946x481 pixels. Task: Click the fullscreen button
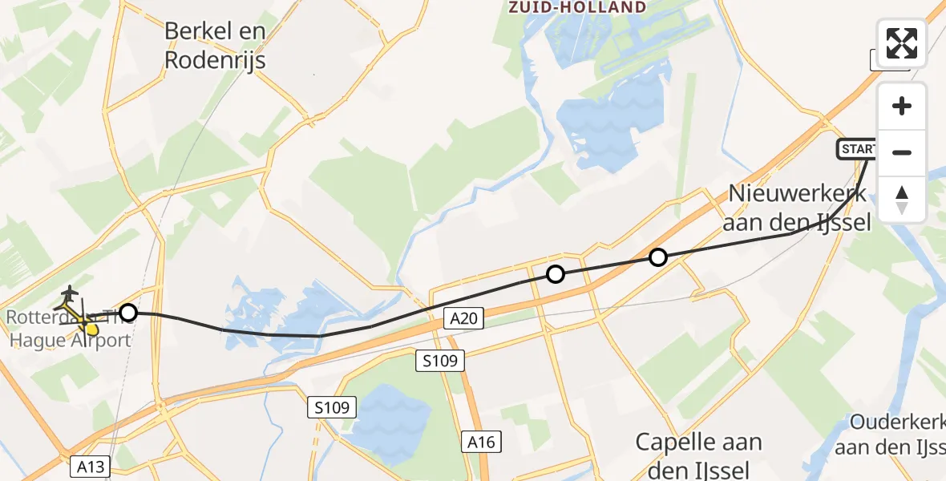click(x=902, y=42)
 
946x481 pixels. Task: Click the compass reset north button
click(x=902, y=200)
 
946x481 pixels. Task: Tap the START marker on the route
click(x=857, y=149)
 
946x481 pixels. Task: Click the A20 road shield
click(x=464, y=319)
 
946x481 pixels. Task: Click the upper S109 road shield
click(x=440, y=362)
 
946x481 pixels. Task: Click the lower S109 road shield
click(x=332, y=408)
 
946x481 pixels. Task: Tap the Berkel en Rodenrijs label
click(x=215, y=46)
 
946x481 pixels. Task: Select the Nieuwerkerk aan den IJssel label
click(x=798, y=208)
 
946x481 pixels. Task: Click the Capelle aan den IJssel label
click(x=698, y=455)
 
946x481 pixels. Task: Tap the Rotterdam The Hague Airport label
click(x=68, y=329)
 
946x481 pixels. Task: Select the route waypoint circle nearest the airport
click(x=128, y=312)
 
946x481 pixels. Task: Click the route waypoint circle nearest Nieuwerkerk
click(x=657, y=257)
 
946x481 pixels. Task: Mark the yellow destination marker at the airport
click(x=90, y=326)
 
